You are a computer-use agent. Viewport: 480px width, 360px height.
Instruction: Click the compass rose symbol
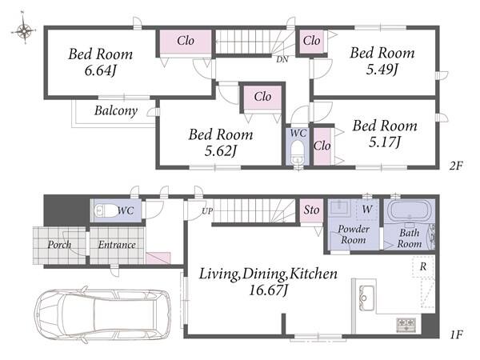coord(23,30)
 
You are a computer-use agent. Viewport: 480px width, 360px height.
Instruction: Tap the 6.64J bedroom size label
coord(100,71)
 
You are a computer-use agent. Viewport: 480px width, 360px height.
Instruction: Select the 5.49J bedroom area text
coord(382,70)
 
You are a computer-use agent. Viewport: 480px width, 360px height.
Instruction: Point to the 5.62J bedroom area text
coord(221,150)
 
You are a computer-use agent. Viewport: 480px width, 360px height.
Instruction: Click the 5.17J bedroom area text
coord(385,142)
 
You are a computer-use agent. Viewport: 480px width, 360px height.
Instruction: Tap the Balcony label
coord(116,111)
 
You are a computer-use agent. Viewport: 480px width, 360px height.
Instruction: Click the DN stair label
coord(282,60)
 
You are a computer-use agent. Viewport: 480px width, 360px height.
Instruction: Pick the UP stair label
coord(207,211)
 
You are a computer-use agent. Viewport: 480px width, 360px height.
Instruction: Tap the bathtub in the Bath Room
coord(409,210)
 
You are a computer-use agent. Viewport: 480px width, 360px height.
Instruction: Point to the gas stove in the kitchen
coord(406,325)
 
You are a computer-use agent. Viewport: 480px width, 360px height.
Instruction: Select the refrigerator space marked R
coord(423,266)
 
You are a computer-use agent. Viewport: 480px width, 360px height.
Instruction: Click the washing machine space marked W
coord(367,210)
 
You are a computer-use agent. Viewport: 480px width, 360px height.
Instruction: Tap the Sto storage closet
coord(311,210)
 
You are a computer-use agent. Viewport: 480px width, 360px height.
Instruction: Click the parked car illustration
coord(102,314)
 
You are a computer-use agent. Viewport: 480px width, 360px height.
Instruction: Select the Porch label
coord(59,245)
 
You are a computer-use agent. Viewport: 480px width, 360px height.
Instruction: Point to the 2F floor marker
coord(455,166)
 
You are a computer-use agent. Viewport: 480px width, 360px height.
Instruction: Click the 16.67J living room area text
coord(268,290)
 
